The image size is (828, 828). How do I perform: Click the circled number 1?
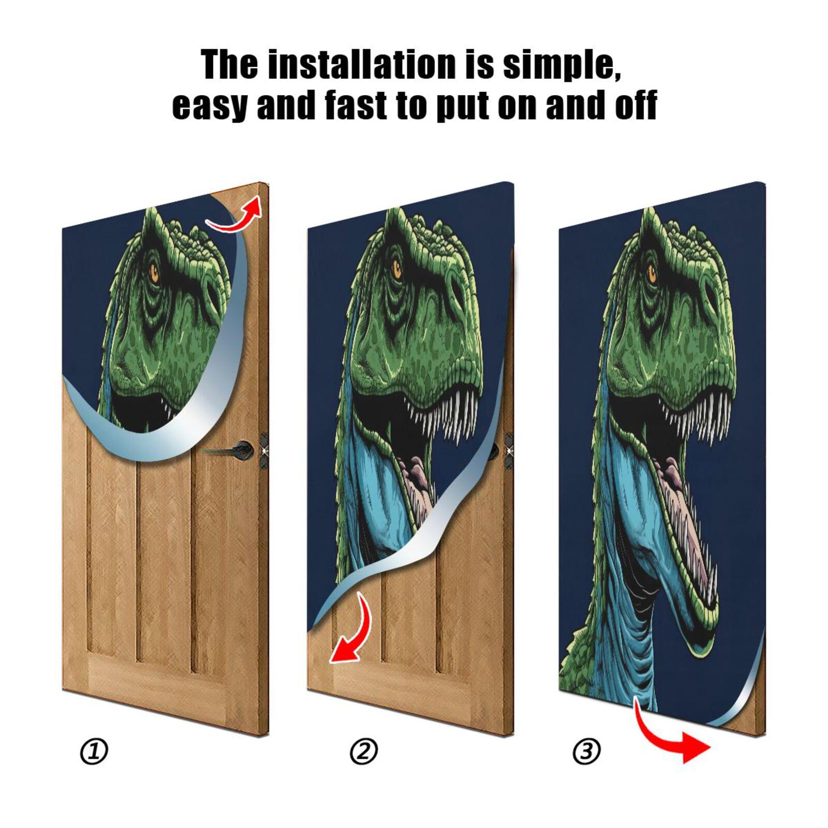94,751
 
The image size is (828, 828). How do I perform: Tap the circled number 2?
364,751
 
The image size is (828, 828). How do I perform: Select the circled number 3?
587,751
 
